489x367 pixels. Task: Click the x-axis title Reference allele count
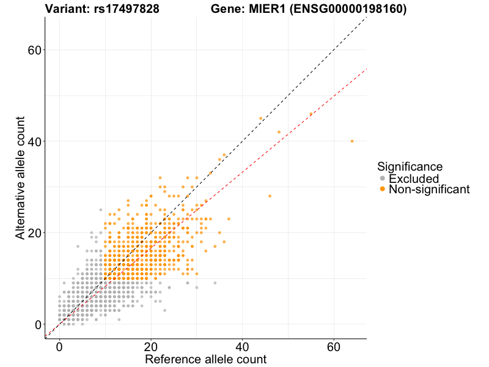tap(205, 359)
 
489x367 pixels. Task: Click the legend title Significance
tap(410, 166)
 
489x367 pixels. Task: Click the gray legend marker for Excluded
tap(383, 179)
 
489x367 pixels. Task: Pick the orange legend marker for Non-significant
tap(383, 190)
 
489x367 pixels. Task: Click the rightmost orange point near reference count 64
tap(352, 141)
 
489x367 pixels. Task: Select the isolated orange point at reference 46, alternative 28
tap(270, 196)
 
